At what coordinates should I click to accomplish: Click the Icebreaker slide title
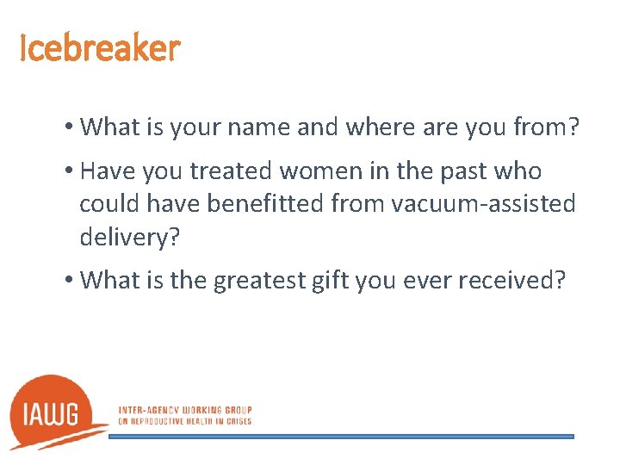coord(100,48)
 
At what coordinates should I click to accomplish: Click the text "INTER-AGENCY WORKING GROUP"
coord(184,410)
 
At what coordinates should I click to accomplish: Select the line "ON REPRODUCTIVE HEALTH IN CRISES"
coord(184,421)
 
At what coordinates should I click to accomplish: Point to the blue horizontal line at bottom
coord(341,437)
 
